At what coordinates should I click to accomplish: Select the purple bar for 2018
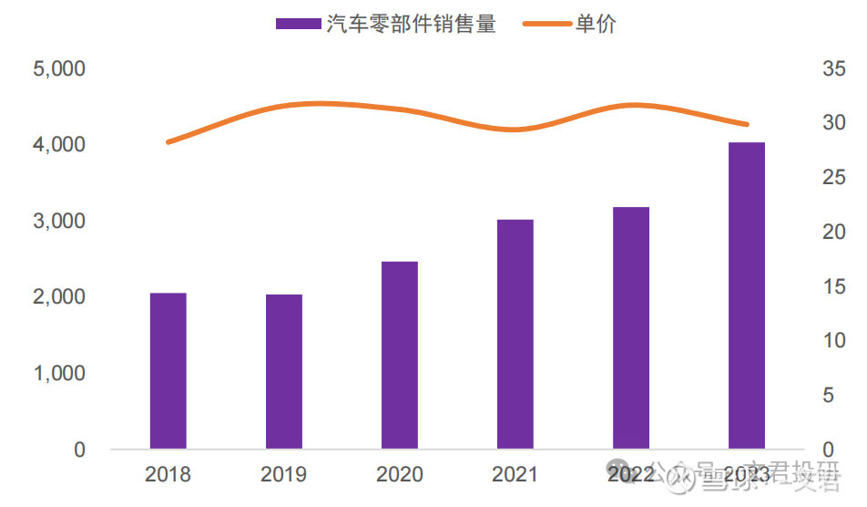click(x=168, y=371)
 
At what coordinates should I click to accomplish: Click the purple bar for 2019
click(x=284, y=372)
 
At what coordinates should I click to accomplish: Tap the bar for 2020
click(x=400, y=356)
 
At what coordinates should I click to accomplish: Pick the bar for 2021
click(x=515, y=335)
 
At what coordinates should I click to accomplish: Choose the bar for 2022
click(x=631, y=328)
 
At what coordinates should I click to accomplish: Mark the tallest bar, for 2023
click(x=747, y=296)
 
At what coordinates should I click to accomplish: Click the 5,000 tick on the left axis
click(x=59, y=69)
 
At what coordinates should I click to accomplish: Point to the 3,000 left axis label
click(x=59, y=222)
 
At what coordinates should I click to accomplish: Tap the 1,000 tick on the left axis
click(x=59, y=374)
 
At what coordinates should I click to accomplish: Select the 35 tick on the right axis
click(x=834, y=69)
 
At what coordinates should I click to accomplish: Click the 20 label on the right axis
click(x=834, y=233)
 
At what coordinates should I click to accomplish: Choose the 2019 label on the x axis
click(x=284, y=475)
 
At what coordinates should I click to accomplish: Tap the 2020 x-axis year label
click(x=400, y=475)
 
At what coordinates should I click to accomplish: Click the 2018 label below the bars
click(x=168, y=475)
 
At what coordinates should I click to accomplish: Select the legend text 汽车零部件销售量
click(x=412, y=25)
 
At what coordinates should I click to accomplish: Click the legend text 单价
click(x=596, y=25)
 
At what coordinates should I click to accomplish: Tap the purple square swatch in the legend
click(x=299, y=25)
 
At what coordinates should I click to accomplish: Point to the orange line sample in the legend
click(x=546, y=25)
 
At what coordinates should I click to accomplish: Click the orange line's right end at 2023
click(x=747, y=124)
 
